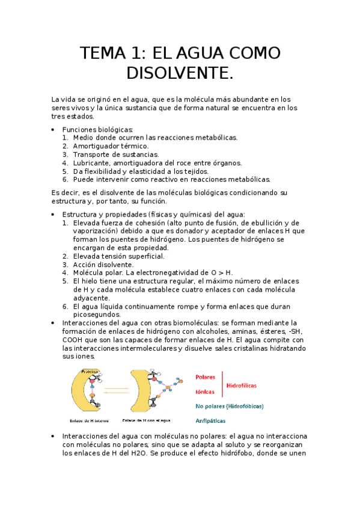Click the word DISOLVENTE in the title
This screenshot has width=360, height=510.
click(180, 73)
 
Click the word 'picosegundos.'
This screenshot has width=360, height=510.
click(97, 314)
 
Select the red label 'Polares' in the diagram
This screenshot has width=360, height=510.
click(206, 377)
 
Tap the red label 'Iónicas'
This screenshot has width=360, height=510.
click(205, 391)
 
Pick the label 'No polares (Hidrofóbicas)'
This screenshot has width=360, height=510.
click(229, 406)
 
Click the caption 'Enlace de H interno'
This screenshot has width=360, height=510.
click(89, 420)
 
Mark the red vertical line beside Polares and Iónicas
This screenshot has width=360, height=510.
click(222, 384)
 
